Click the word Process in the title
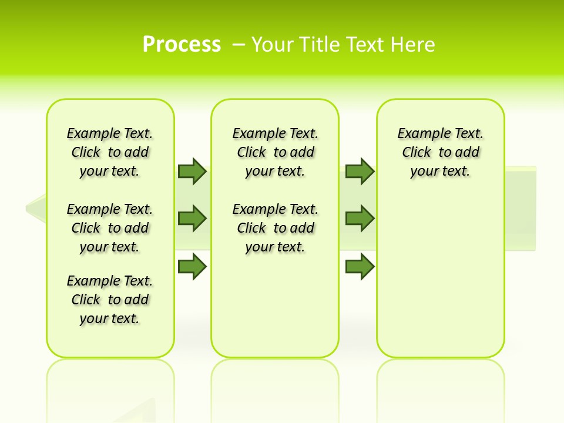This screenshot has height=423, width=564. click(182, 44)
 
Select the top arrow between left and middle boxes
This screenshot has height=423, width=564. click(192, 171)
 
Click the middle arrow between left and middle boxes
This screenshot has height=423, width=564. click(192, 219)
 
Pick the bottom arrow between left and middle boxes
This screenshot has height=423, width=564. click(192, 267)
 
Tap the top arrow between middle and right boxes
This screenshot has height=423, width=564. click(360, 171)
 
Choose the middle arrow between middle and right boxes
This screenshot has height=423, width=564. click(360, 219)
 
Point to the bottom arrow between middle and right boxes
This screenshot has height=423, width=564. click(360, 267)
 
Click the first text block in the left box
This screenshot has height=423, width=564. click(110, 152)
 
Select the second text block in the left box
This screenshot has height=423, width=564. click(110, 228)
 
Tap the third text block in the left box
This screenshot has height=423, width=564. click(110, 300)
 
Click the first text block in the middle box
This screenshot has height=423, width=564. click(275, 152)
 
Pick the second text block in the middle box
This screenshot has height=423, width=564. click(275, 228)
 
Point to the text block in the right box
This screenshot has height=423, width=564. click(440, 152)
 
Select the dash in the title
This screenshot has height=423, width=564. click(239, 45)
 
